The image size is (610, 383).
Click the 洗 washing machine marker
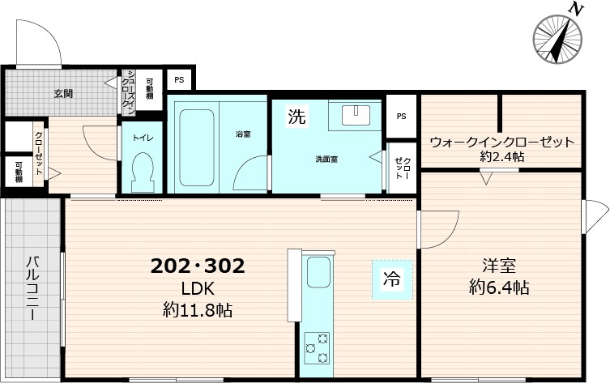click(x=297, y=117)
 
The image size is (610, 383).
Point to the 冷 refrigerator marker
click(x=392, y=281)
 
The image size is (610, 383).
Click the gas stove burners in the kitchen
click(x=317, y=348)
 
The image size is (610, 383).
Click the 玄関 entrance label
click(x=64, y=93)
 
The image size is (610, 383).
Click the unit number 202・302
click(x=198, y=266)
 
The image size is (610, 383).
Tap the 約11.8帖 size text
click(x=197, y=309)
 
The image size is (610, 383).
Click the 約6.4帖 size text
click(x=499, y=287)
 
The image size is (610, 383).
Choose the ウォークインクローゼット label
click(x=501, y=142)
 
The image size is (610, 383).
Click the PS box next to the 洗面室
click(x=401, y=116)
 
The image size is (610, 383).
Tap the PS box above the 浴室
click(x=178, y=80)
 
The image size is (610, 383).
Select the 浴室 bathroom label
click(x=243, y=134)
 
